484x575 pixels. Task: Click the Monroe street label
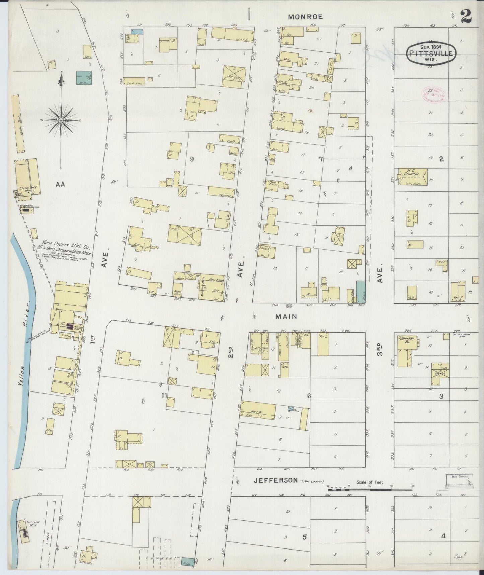point(306,17)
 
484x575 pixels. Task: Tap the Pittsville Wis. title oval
point(431,53)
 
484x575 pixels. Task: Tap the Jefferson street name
point(275,480)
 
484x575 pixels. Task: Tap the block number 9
point(192,159)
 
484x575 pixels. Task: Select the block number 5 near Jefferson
point(304,537)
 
